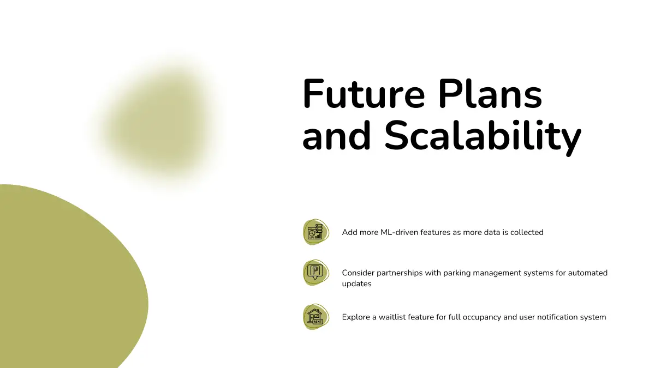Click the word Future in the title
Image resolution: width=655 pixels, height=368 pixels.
point(364,94)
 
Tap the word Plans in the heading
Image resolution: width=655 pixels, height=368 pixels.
point(490,94)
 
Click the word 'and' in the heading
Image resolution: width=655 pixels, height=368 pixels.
point(337,136)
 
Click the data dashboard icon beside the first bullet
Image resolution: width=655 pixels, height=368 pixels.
point(315,232)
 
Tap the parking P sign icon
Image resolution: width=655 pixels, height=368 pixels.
point(315,273)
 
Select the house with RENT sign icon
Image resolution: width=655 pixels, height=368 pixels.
point(315,317)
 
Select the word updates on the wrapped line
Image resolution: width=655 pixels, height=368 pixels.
point(357,284)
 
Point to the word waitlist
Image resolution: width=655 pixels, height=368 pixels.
point(392,317)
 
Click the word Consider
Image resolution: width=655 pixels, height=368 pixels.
point(358,273)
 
